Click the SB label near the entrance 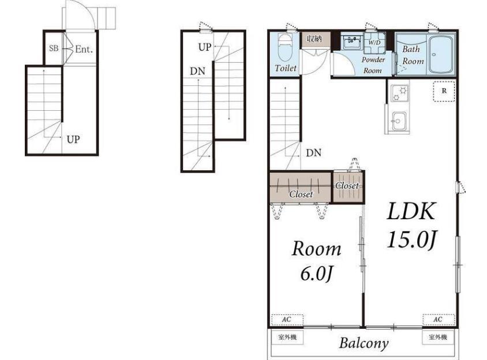(54, 48)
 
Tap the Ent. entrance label (84, 49)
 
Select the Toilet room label (286, 67)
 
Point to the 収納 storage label (314, 39)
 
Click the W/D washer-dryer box (374, 42)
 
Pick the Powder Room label (373, 65)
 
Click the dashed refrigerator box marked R (444, 91)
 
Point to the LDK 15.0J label (412, 226)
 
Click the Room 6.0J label (316, 261)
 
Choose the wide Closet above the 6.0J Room (301, 187)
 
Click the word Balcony (364, 343)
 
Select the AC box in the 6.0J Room (287, 320)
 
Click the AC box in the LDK (438, 320)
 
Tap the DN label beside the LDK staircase (314, 153)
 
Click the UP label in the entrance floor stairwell (73, 140)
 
